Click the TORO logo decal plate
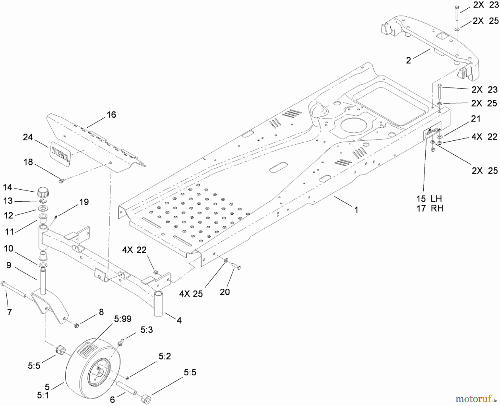[x=60, y=153]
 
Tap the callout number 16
[x=111, y=115]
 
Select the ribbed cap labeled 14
[x=42, y=192]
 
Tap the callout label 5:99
[x=122, y=319]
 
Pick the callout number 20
[x=225, y=292]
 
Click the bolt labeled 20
[x=236, y=266]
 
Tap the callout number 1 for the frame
[x=356, y=210]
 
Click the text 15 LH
[x=429, y=199]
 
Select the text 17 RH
[x=429, y=208]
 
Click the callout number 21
[x=476, y=119]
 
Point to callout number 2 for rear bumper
[x=408, y=60]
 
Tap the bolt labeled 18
[x=61, y=181]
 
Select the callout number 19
[x=84, y=202]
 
